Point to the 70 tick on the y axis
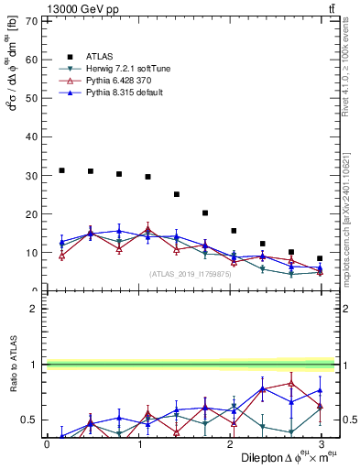tap(32, 20)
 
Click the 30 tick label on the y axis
tap(32, 175)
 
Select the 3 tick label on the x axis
tap(322, 444)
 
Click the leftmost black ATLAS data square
tap(61, 170)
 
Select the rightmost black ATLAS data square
tap(320, 258)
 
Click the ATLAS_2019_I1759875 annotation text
tap(190, 274)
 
